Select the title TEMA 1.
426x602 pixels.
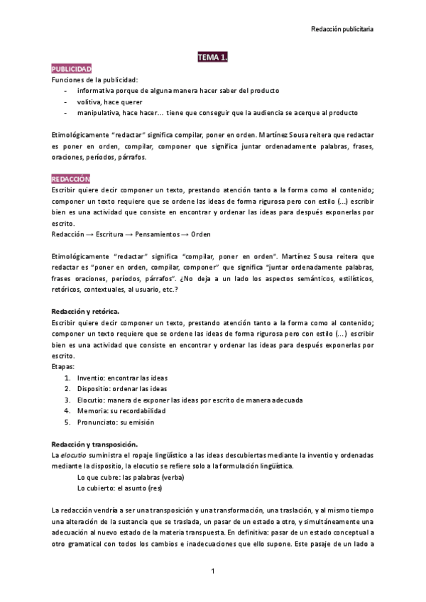pos(212,58)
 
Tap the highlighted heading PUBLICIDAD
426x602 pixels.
pos(71,69)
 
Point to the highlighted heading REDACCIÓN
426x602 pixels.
pos(70,178)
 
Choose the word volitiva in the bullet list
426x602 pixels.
pos(89,102)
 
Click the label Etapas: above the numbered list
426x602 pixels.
pos(62,366)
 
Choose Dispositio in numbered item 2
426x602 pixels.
pos(94,388)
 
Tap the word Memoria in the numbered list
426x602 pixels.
pos(92,410)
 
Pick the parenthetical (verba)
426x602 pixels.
pos(171,476)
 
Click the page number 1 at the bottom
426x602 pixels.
pos(213,571)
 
